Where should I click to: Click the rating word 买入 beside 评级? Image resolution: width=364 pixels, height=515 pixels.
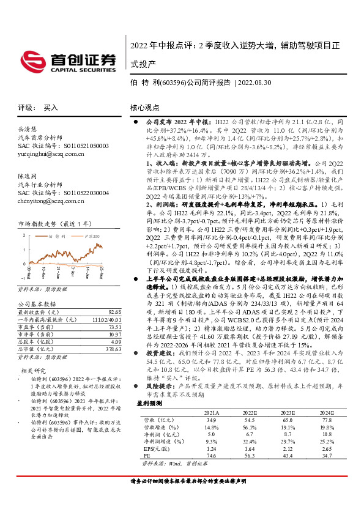[x=51, y=106]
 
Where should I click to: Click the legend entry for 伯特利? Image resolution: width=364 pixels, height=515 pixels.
[x=61, y=234]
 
